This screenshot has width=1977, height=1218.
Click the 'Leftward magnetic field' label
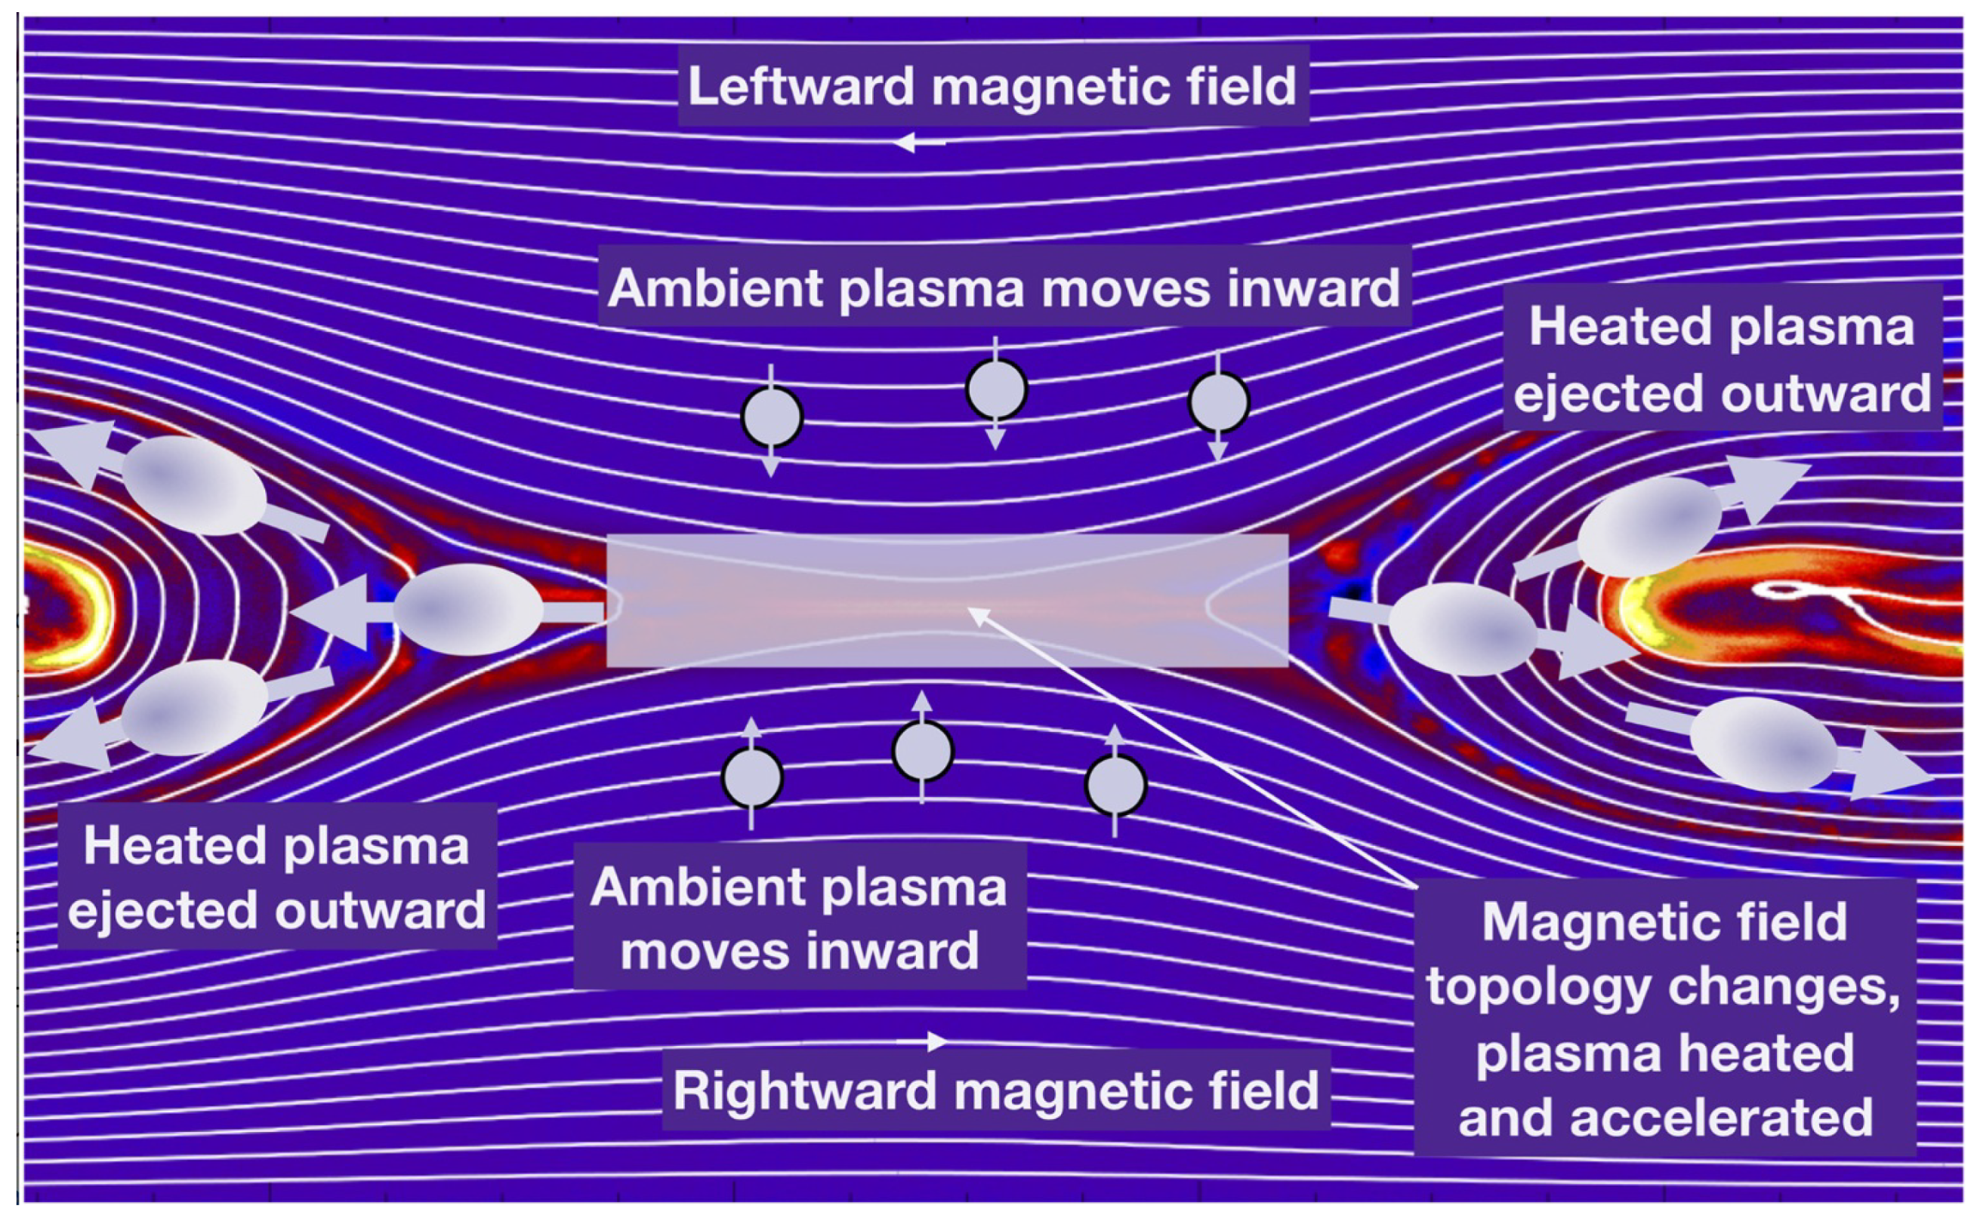pos(992,86)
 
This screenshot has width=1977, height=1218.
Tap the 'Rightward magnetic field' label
pos(995,1090)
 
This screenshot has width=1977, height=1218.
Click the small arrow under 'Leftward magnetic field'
pos(919,143)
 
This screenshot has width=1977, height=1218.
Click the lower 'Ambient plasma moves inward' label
pos(799,919)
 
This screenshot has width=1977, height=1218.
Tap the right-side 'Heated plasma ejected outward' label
pos(1722,359)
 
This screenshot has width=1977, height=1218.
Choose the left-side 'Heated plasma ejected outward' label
pos(276,877)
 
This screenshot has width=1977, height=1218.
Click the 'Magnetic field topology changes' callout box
pos(1664,1018)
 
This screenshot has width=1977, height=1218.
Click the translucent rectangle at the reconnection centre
pos(947,600)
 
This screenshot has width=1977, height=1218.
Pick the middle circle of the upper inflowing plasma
pos(996,389)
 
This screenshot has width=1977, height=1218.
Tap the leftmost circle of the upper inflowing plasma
pos(771,417)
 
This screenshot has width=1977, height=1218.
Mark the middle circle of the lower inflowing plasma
pos(923,751)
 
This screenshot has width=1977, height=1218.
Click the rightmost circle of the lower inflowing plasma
pos(1115,785)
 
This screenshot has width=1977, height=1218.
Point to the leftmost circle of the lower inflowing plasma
pos(752,777)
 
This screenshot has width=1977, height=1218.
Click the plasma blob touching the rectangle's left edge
pos(467,609)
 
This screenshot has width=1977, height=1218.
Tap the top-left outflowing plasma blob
pos(193,485)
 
